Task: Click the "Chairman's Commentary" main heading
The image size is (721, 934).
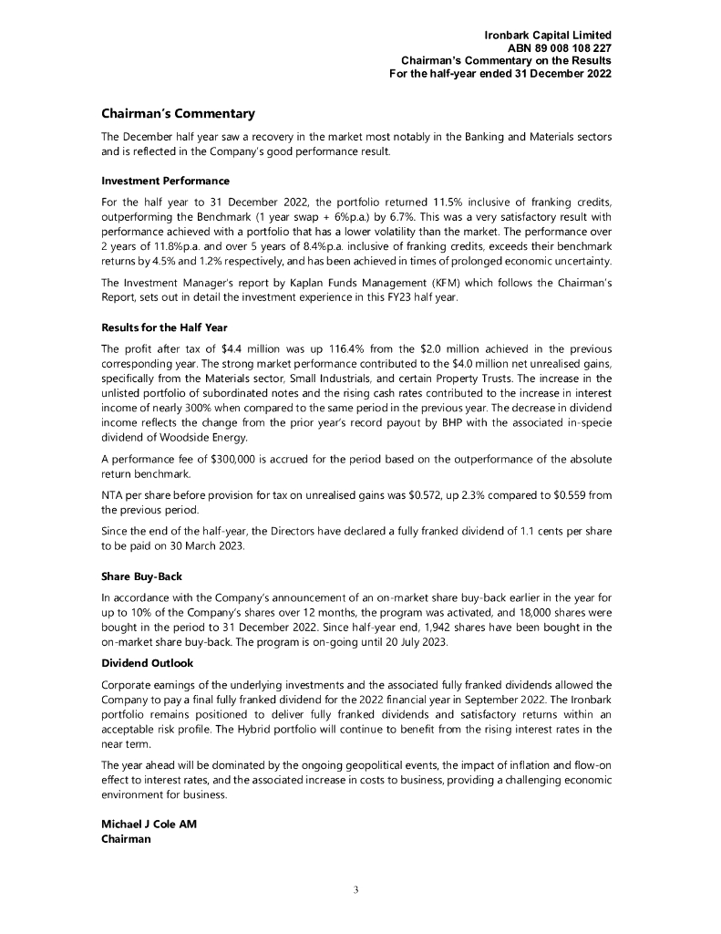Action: click(x=177, y=114)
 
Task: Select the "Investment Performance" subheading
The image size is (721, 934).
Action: click(x=164, y=181)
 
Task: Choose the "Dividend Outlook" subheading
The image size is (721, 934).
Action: click(x=147, y=663)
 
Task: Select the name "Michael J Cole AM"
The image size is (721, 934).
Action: click(x=148, y=825)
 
